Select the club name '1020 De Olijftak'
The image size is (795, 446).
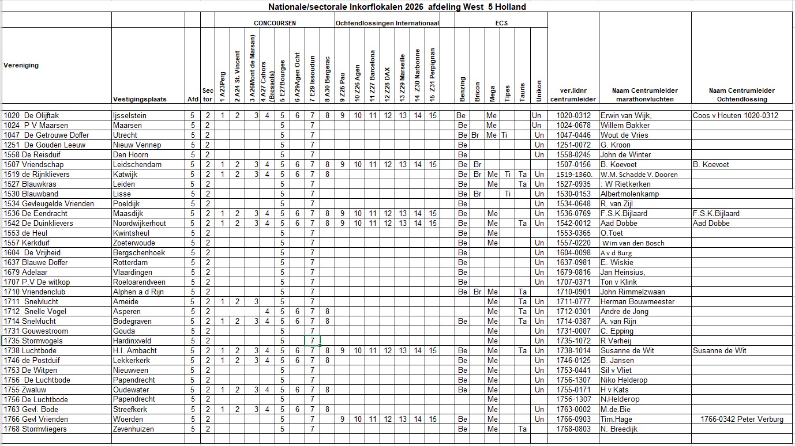click(x=35, y=115)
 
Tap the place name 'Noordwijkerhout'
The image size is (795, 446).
click(x=140, y=223)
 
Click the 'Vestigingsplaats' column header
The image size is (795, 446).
click(x=140, y=99)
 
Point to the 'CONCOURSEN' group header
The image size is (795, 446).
click(x=275, y=23)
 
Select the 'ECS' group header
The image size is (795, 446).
click(x=501, y=23)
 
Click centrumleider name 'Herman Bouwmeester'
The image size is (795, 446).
click(x=637, y=301)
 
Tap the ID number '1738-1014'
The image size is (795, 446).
click(x=573, y=350)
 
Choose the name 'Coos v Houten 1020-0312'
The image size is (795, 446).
click(x=736, y=115)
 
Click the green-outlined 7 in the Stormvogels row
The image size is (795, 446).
click(x=312, y=341)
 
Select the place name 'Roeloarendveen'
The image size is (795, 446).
click(x=139, y=282)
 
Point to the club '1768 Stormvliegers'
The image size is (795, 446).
click(x=35, y=429)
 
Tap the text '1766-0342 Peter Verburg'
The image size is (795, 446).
click(x=742, y=419)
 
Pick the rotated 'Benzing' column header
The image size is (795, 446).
click(x=462, y=89)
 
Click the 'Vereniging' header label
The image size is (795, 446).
click(x=21, y=65)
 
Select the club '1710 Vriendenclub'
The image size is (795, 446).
click(x=35, y=292)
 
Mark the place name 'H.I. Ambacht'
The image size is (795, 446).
click(x=134, y=350)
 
